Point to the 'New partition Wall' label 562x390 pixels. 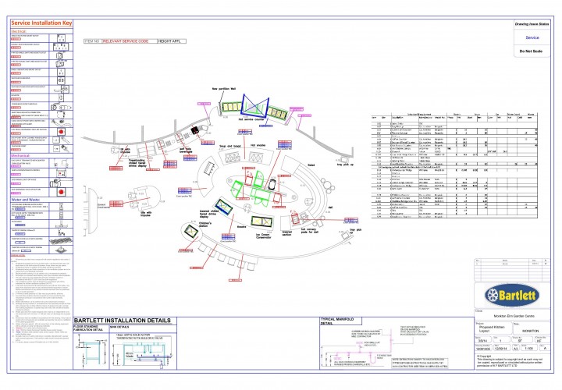(x=226, y=89)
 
